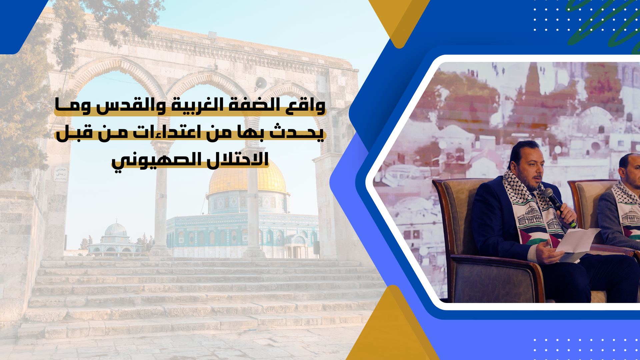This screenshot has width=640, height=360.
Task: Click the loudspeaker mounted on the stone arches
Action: tap(260, 83)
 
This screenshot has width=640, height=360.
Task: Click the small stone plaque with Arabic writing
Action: tap(61, 173)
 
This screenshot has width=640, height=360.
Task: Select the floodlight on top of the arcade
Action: tap(212, 34)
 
